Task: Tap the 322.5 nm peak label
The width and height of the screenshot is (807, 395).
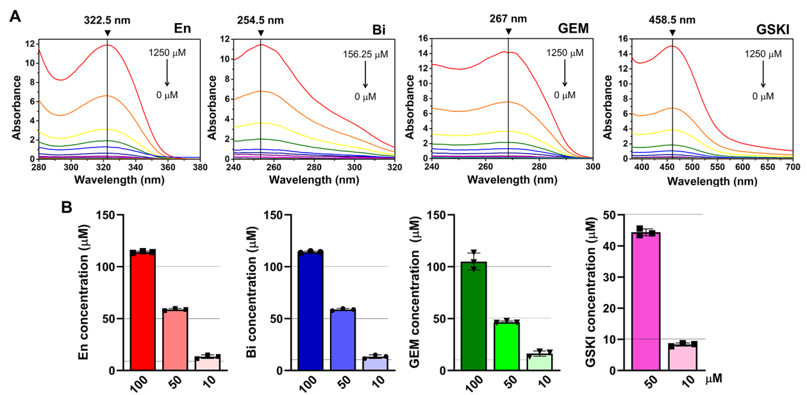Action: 107,20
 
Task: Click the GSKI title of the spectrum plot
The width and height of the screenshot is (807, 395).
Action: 773,29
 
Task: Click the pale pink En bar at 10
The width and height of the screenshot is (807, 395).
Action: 207,364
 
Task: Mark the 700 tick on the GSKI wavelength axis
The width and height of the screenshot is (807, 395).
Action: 792,166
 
